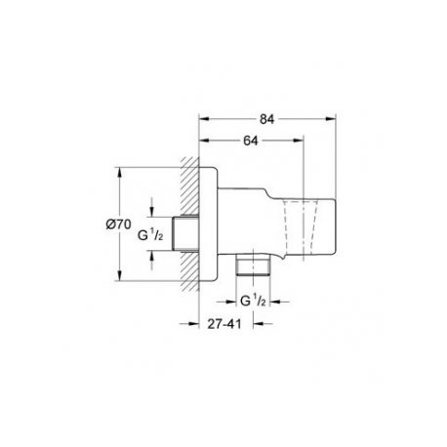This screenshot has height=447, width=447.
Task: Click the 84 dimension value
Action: (266, 119)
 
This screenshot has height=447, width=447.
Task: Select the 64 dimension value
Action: (251, 141)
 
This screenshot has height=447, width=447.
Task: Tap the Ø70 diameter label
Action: (118, 224)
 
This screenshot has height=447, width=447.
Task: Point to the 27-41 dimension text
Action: (224, 324)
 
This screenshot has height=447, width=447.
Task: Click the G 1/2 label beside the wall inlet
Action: (150, 234)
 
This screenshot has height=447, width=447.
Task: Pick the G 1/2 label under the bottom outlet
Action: (253, 301)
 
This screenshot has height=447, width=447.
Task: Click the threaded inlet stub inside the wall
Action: (185, 233)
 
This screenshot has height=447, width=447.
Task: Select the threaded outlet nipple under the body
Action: (253, 265)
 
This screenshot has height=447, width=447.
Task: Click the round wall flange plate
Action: (208, 223)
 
